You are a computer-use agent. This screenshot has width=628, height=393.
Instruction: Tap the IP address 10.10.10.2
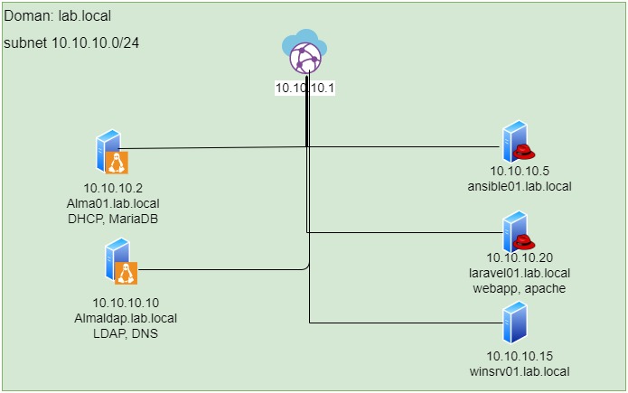tap(113, 188)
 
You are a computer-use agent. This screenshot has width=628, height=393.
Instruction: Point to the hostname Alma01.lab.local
tap(113, 203)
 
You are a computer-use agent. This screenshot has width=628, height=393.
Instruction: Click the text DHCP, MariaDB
tap(113, 219)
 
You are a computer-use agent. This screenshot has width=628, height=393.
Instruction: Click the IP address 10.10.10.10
tap(126, 302)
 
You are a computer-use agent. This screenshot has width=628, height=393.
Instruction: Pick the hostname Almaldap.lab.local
tap(126, 317)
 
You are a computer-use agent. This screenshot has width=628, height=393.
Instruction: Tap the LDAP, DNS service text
tap(126, 332)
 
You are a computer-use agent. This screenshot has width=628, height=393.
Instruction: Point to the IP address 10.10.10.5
tap(520, 171)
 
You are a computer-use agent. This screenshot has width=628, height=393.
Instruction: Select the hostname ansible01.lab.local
tap(520, 186)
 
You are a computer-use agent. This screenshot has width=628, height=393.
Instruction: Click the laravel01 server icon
tap(516, 231)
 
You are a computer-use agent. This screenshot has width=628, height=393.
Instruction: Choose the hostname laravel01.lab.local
tap(520, 273)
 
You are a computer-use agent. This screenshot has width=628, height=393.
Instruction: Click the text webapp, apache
tap(520, 288)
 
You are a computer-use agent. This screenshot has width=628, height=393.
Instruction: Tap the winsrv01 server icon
tap(515, 321)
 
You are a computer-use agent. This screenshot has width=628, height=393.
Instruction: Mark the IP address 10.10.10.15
tap(520, 356)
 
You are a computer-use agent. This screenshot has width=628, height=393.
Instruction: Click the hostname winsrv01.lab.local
tap(520, 371)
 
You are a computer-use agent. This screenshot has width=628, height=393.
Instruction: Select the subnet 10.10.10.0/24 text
tap(77, 42)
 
